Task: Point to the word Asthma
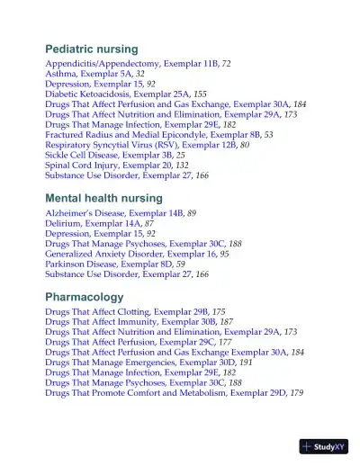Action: point(60,78)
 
